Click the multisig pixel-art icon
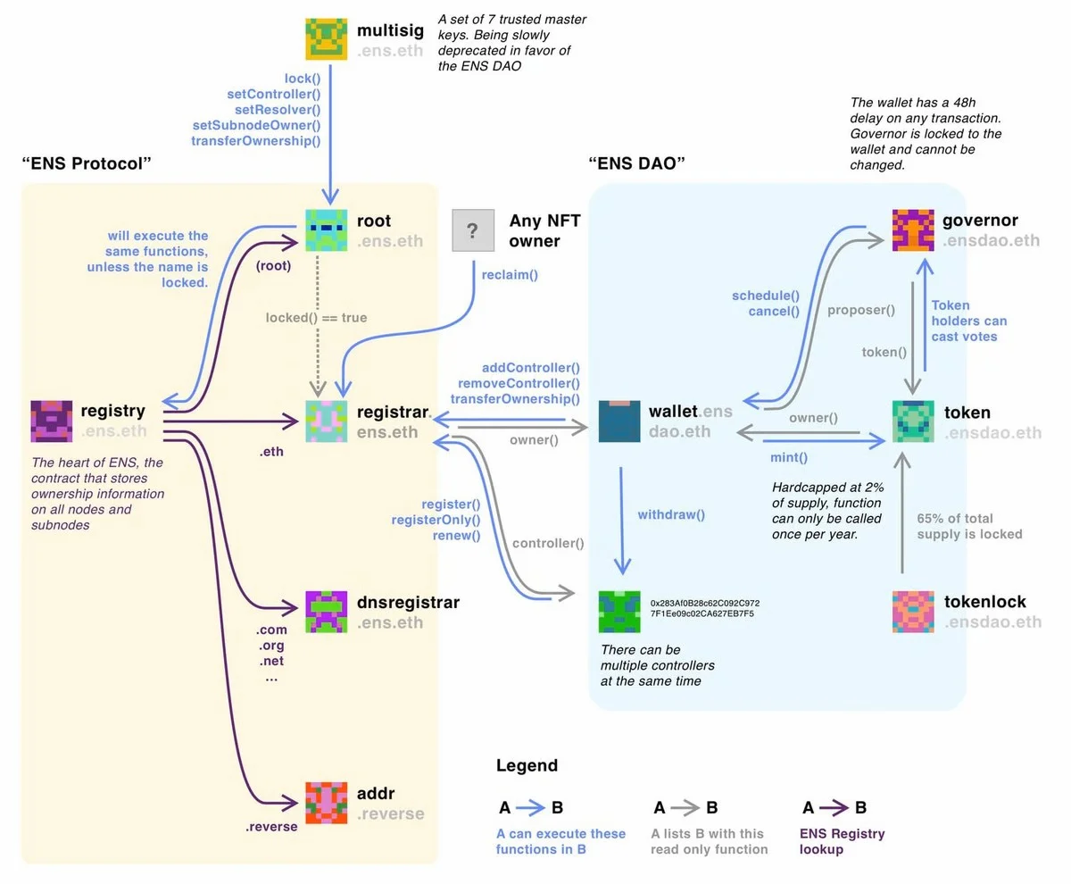click(328, 39)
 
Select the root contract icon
click(328, 231)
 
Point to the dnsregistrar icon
click(328, 612)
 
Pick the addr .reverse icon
click(328, 803)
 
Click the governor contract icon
click(914, 231)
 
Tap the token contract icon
click(914, 421)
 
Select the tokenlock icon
click(914, 612)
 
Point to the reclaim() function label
click(510, 275)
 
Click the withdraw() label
click(671, 514)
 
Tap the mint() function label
click(789, 458)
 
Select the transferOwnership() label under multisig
click(255, 140)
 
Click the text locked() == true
click(316, 317)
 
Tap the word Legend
click(527, 765)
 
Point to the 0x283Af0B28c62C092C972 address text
click(705, 603)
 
